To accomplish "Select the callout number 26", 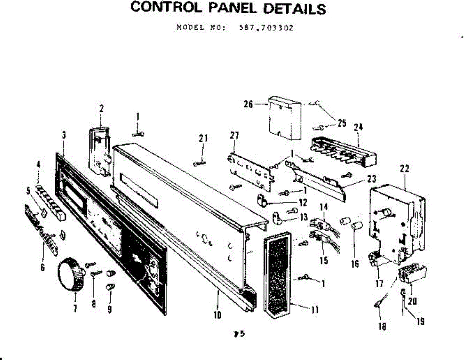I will pos(247,104).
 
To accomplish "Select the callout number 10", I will pos(218,314).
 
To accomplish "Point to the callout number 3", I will pos(64,135).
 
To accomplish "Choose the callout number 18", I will pos(382,326).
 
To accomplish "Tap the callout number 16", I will pos(354,264).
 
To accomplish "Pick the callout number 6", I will pos(42,268).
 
